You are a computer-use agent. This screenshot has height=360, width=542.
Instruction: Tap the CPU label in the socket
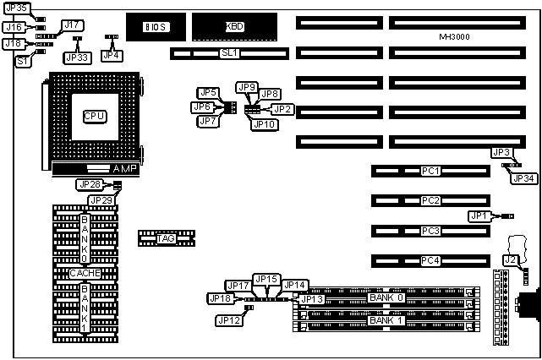tap(95, 115)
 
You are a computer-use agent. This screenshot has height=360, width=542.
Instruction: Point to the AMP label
tap(123, 169)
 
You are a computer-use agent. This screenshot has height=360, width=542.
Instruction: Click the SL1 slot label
tap(229, 53)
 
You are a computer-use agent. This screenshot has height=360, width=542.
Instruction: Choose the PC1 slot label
tap(430, 171)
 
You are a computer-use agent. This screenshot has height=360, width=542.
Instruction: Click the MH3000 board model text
tap(456, 37)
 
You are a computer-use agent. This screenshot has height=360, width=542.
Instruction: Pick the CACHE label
tap(85, 273)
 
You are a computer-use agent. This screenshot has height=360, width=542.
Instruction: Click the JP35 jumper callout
tap(15, 8)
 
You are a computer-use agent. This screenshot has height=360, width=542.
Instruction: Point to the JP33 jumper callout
tap(77, 57)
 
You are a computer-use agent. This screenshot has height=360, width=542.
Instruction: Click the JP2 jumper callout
tap(282, 109)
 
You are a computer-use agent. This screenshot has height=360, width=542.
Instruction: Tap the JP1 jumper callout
tap(479, 216)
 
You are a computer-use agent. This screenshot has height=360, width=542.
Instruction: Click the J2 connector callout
tap(510, 259)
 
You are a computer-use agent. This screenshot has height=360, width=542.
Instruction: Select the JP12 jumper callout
tap(228, 320)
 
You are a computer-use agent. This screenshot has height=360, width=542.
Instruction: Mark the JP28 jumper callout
tap(89, 184)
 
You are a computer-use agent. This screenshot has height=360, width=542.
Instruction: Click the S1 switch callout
tap(24, 60)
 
